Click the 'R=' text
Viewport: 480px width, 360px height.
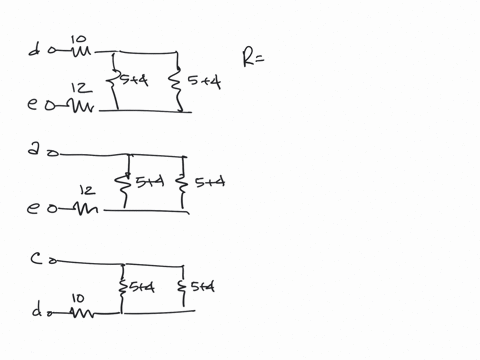click(253, 57)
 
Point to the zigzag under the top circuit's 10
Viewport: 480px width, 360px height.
click(78, 51)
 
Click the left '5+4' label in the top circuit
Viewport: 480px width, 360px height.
click(133, 80)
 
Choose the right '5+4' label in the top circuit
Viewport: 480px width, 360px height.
click(204, 82)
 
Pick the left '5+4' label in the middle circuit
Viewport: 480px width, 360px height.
click(148, 181)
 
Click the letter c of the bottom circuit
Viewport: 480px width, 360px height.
click(36, 259)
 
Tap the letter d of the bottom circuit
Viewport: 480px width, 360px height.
click(37, 311)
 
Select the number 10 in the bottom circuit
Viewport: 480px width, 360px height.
click(78, 296)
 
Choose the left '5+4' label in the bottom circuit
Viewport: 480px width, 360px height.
click(141, 288)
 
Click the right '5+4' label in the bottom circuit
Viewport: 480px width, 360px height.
click(202, 288)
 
